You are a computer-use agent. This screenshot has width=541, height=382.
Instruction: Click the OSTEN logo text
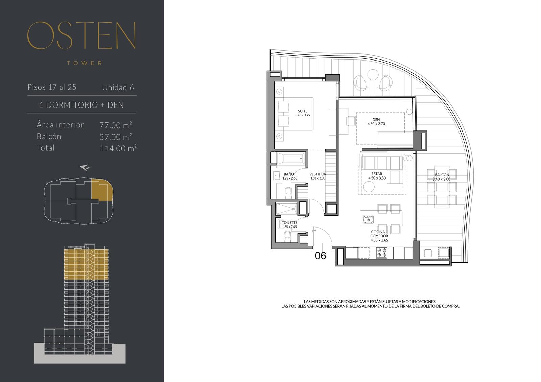click(81, 35)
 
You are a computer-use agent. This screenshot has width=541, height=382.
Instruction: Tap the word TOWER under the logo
click(85, 63)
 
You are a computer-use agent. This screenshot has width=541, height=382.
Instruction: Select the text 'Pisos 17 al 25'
click(52, 87)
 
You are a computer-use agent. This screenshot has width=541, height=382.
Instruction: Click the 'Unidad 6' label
click(118, 87)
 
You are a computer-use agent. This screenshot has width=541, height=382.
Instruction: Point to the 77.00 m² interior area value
click(116, 125)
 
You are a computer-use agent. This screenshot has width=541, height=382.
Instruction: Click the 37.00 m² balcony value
click(116, 137)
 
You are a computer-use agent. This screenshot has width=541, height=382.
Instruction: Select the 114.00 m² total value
click(118, 148)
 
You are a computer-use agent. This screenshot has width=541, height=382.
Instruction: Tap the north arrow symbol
click(85, 167)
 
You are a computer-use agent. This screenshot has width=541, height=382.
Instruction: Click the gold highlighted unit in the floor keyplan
click(102, 190)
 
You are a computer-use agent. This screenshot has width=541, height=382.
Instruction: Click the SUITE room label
click(302, 111)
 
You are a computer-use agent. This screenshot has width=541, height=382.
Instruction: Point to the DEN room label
click(376, 120)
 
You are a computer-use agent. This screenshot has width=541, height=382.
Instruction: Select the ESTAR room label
click(377, 174)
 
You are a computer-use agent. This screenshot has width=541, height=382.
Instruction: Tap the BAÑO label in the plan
click(289, 174)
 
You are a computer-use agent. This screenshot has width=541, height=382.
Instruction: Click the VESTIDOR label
click(318, 174)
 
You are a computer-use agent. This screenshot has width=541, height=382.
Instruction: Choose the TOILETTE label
click(289, 223)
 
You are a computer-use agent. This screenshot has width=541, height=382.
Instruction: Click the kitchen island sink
click(368, 220)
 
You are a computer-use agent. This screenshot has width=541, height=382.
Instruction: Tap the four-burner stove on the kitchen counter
click(382, 253)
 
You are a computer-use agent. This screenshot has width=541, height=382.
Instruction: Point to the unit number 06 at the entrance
click(321, 256)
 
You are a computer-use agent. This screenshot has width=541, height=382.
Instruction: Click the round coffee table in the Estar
click(369, 187)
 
